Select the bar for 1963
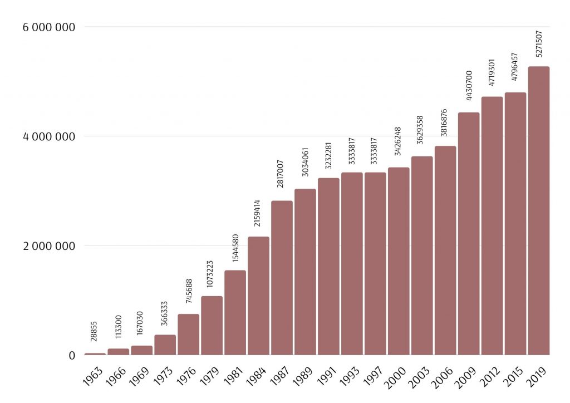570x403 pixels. pyautogui.click(x=95, y=353)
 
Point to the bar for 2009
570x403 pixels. pyautogui.click(x=469, y=233)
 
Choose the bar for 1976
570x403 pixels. pyautogui.click(x=188, y=334)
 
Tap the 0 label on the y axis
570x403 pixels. pyautogui.click(x=72, y=355)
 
